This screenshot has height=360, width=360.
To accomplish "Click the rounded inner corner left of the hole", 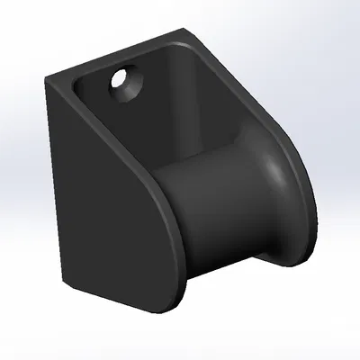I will pos(81,90).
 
